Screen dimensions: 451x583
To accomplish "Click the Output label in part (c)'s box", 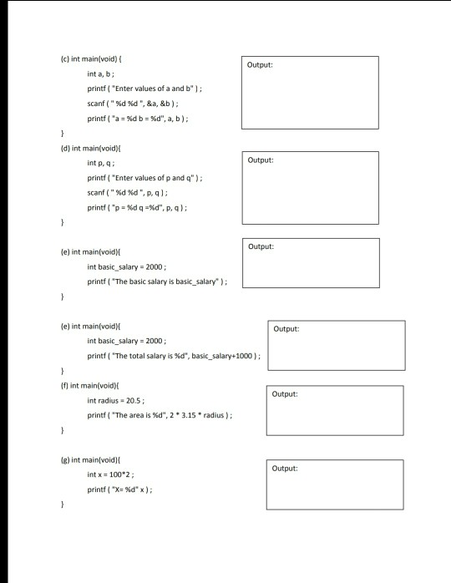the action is pos(260,64).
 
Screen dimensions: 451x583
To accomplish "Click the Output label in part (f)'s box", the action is pos(285,393).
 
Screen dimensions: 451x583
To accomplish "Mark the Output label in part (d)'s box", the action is pos(261,159).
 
